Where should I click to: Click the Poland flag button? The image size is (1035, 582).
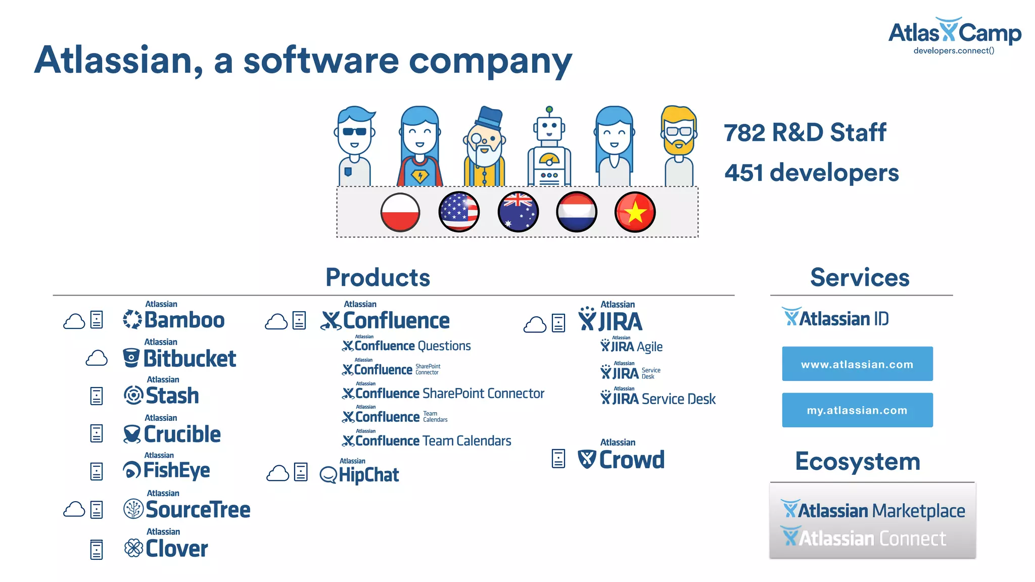(x=400, y=212)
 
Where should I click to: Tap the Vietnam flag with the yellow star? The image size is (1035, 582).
(x=635, y=212)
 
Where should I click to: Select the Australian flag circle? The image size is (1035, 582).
(x=518, y=212)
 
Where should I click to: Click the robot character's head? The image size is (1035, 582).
(x=549, y=125)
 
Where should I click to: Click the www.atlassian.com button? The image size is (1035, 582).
(x=857, y=364)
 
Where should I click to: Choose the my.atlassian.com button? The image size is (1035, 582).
(x=857, y=410)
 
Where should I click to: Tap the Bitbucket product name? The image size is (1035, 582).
(x=190, y=359)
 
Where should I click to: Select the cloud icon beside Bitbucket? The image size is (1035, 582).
(x=97, y=359)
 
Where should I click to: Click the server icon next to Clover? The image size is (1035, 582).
(x=97, y=549)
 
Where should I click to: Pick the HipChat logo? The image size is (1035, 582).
(x=359, y=474)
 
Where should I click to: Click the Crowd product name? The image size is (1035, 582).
(x=631, y=460)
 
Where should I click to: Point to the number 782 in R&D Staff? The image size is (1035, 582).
(x=744, y=133)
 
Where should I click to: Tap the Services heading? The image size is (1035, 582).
(x=860, y=277)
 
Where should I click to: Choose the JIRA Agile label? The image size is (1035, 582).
(x=632, y=346)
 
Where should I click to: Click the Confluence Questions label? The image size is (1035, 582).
(x=407, y=346)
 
